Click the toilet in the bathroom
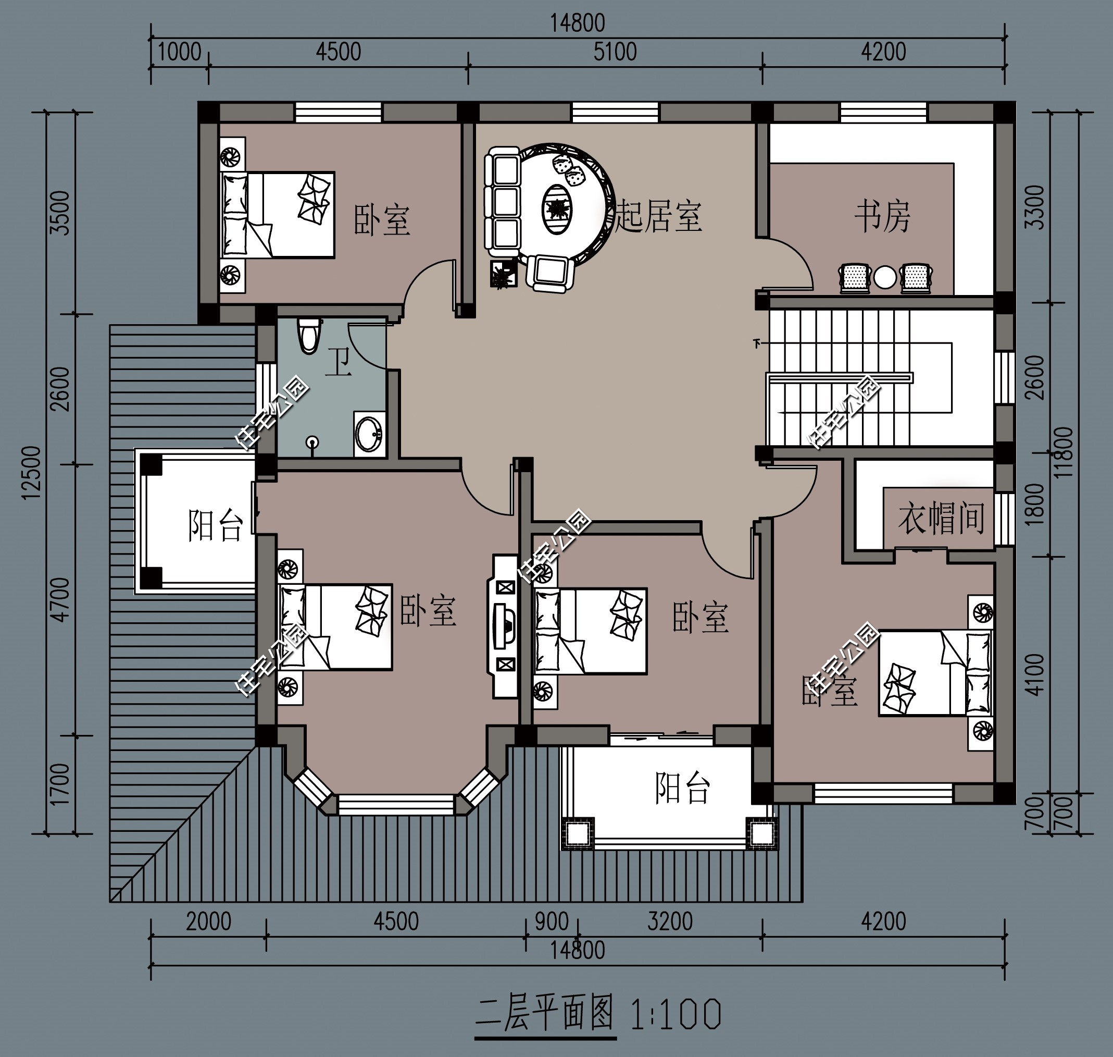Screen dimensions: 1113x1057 (x=308, y=336)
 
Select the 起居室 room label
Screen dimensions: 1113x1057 (x=659, y=216)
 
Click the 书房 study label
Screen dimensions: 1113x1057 (x=882, y=216)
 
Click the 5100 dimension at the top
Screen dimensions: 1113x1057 (x=615, y=52)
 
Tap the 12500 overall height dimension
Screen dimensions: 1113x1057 (x=32, y=473)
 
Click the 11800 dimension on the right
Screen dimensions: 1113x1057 (x=1064, y=452)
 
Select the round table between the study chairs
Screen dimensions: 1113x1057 (x=884, y=277)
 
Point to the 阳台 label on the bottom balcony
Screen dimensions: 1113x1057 (x=682, y=787)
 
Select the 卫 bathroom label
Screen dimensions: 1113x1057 (x=339, y=361)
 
